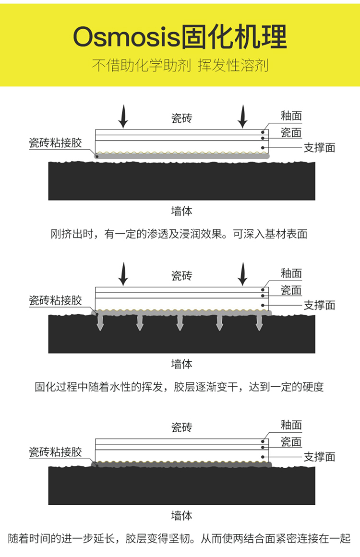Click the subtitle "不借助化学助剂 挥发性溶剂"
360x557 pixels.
pyautogui.click(x=180, y=65)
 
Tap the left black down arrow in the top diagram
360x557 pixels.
pyautogui.click(x=123, y=117)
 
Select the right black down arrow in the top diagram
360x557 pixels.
pyautogui.click(x=243, y=117)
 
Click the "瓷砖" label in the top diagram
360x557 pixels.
pyautogui.click(x=181, y=118)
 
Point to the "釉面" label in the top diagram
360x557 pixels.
pyautogui.click(x=291, y=116)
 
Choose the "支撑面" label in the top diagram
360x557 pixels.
pyautogui.click(x=319, y=147)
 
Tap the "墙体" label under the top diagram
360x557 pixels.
pyautogui.click(x=181, y=211)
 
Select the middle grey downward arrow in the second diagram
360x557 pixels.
pyautogui.click(x=180, y=322)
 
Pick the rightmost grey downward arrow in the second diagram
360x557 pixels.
pyautogui.click(x=259, y=322)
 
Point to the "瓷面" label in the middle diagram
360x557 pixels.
pyautogui.click(x=291, y=290)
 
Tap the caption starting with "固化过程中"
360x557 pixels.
pyautogui.click(x=180, y=387)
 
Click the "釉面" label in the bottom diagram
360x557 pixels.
pyautogui.click(x=291, y=425)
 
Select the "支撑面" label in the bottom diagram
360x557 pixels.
pyautogui.click(x=319, y=457)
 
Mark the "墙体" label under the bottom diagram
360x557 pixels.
pyautogui.click(x=181, y=516)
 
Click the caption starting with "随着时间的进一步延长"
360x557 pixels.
pyautogui.click(x=180, y=539)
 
